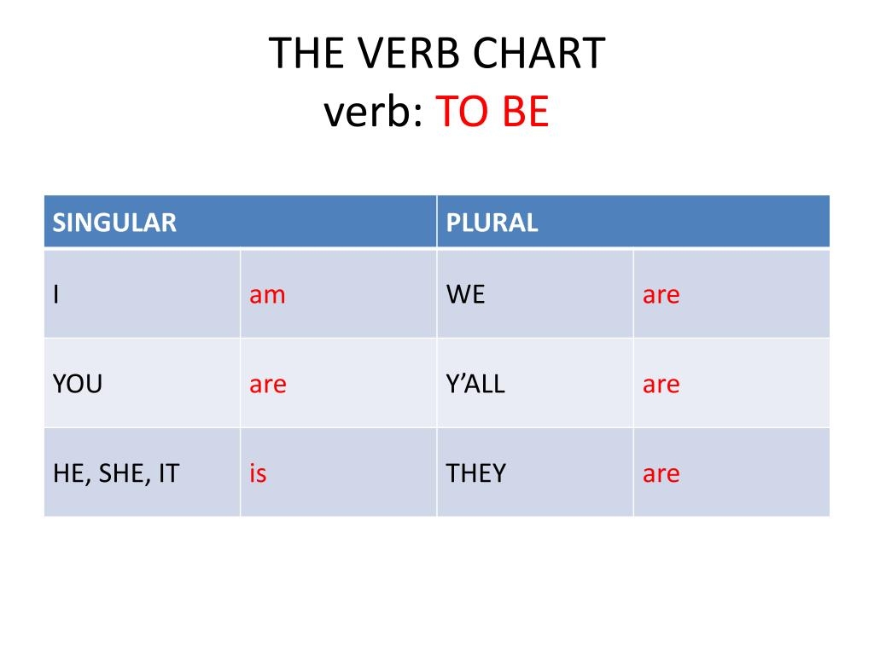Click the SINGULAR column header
pos(114,223)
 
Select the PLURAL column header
pos(492,223)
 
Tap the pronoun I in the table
pos(56,294)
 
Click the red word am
pos(267,295)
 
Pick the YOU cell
pos(78,384)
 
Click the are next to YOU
pos(267,385)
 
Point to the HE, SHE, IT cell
pos(116,473)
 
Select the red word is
pos(258,473)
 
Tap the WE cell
pos(465,294)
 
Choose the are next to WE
pos(661,295)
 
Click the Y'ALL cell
pos(475,384)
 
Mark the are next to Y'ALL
pos(661,385)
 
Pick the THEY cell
pos(476,473)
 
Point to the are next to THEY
pos(661,474)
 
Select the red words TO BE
pos(492,112)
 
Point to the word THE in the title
pos(304,54)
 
